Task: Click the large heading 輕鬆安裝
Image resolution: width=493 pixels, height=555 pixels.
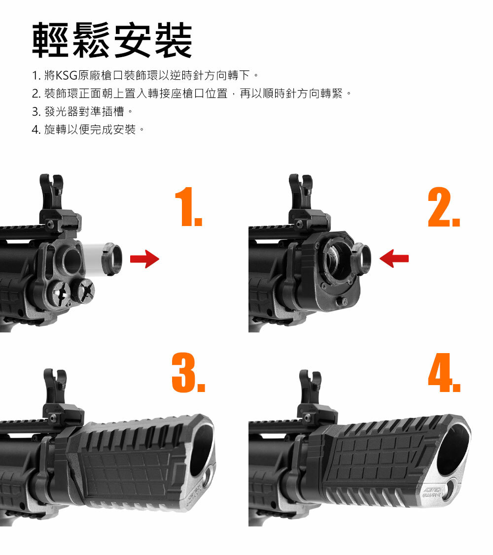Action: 112,39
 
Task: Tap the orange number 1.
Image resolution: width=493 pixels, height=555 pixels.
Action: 188,207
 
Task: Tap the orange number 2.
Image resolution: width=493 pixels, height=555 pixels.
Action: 444,207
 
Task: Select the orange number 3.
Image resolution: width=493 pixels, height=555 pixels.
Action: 188,372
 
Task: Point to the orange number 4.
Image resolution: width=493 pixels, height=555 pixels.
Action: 444,372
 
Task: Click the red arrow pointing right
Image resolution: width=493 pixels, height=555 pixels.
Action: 144,259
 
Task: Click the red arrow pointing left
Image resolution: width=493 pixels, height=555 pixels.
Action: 394,259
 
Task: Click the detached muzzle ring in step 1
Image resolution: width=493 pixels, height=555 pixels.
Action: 111,259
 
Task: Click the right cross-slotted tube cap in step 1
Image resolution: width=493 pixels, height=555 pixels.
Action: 84,290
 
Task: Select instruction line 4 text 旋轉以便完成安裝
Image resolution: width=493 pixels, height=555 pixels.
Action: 90,130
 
